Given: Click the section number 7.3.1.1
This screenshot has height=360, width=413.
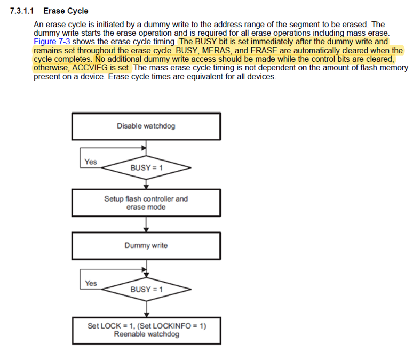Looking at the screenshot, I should [x=23, y=11].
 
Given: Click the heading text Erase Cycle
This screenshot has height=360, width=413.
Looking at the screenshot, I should [x=66, y=11].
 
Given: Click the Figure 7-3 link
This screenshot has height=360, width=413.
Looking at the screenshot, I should [x=52, y=41].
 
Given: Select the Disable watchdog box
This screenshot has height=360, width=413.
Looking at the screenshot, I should [x=146, y=126].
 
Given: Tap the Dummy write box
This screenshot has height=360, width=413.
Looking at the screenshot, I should [x=146, y=246].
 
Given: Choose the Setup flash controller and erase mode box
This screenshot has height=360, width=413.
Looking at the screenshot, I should [x=146, y=203].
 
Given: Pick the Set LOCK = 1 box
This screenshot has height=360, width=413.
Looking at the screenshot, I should [x=146, y=330].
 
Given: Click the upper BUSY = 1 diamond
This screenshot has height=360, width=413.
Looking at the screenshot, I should [x=146, y=167].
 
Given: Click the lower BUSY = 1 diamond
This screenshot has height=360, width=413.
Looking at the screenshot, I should [x=146, y=290].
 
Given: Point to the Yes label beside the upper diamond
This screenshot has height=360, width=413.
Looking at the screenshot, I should [x=91, y=162].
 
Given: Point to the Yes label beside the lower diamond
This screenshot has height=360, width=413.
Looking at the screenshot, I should [x=91, y=283].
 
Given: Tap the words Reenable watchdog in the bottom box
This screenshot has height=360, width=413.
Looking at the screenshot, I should [x=146, y=334].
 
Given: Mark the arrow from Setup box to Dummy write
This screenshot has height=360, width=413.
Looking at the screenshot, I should [x=146, y=224].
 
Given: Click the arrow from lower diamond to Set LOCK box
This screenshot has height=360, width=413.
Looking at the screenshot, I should [x=146, y=309].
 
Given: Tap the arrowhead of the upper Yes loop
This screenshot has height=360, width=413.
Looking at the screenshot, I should [x=143, y=148].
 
